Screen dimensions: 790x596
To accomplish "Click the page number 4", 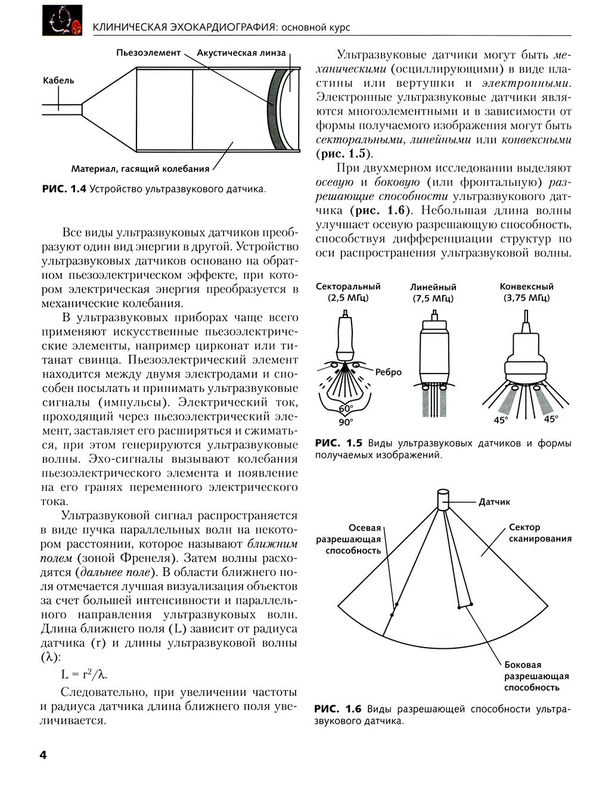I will click(x=43, y=755).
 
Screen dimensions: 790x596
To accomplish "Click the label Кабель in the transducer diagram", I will click(x=58, y=80).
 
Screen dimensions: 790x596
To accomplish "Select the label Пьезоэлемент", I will click(x=148, y=53).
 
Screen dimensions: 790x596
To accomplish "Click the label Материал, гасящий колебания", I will click(x=140, y=169).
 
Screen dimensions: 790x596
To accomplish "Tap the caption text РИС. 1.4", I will click(x=64, y=189).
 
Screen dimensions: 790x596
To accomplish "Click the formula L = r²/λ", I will click(x=84, y=674).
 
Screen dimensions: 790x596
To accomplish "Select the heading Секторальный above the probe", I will click(x=348, y=287).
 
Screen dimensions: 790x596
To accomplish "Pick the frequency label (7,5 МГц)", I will click(x=433, y=298).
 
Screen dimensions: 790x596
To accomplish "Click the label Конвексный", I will click(x=526, y=287).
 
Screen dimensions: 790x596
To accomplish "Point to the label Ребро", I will click(x=389, y=372).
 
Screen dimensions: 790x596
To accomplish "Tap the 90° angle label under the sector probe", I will click(x=346, y=422).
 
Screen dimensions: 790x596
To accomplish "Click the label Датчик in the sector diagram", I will click(x=495, y=502).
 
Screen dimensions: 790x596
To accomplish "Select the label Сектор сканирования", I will click(x=540, y=533).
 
